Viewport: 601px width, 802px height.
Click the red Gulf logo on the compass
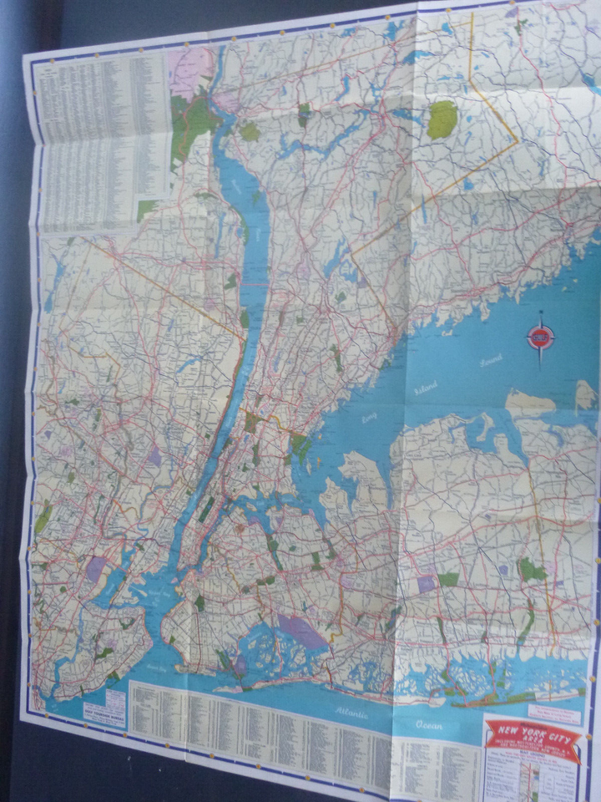(539, 337)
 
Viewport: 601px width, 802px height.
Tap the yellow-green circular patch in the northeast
(442, 119)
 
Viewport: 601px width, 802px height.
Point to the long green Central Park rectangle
(205, 509)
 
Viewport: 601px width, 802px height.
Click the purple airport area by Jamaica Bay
(300, 632)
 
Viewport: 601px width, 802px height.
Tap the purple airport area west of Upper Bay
(97, 568)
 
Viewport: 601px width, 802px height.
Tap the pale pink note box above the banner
(555, 709)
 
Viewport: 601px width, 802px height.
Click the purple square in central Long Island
(427, 583)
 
